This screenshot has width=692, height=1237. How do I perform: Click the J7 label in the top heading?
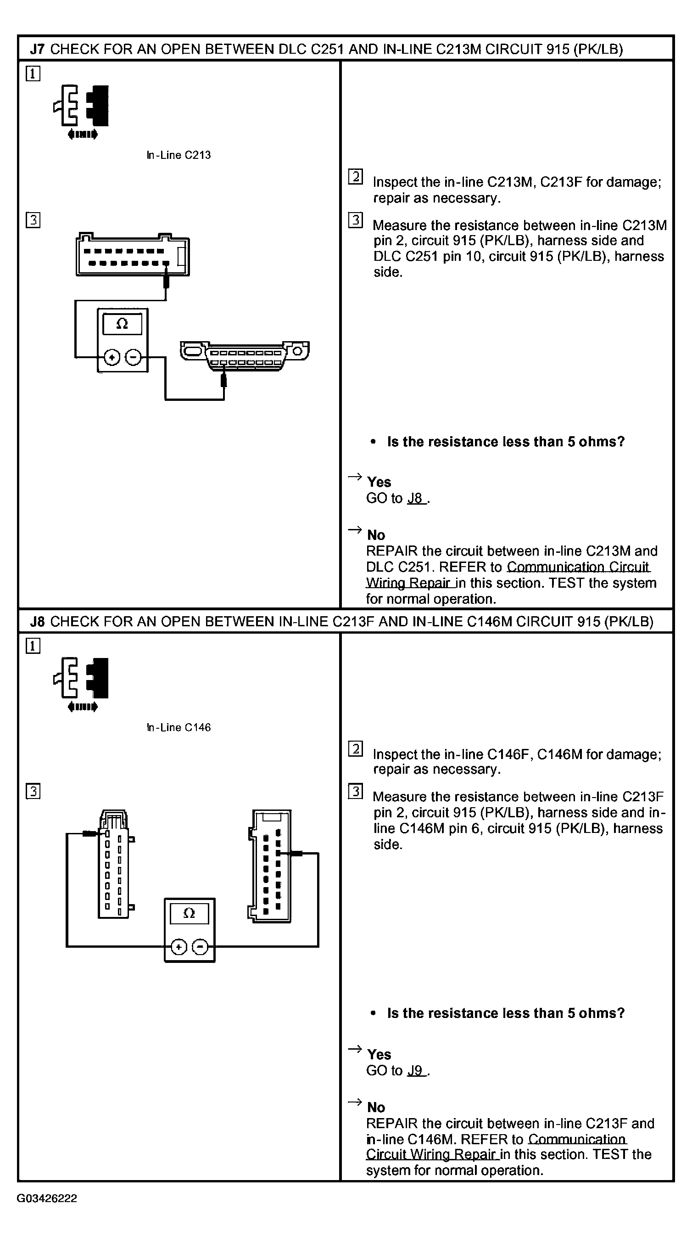click(37, 49)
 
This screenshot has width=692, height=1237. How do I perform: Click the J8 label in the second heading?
click(37, 621)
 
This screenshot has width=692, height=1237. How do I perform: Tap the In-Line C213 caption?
click(179, 155)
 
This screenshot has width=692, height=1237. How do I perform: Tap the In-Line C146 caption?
click(179, 727)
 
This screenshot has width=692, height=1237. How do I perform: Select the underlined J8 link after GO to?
click(416, 499)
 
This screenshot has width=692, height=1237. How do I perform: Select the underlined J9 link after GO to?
click(416, 1070)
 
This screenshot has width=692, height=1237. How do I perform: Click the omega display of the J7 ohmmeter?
click(123, 324)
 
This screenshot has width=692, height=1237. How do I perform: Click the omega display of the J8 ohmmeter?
click(190, 913)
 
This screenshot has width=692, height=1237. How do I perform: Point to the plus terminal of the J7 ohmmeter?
click(112, 357)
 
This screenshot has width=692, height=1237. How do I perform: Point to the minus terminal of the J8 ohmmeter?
click(200, 947)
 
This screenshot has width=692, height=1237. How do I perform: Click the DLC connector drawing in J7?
click(245, 355)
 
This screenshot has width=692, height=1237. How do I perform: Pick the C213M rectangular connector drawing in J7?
click(133, 255)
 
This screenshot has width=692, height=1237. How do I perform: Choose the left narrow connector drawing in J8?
click(114, 864)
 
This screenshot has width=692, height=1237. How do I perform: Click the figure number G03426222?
click(46, 1198)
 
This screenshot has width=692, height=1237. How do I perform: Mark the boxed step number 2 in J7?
click(355, 177)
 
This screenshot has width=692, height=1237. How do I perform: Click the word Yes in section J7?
click(379, 482)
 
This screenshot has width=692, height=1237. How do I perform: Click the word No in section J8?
click(376, 1108)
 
